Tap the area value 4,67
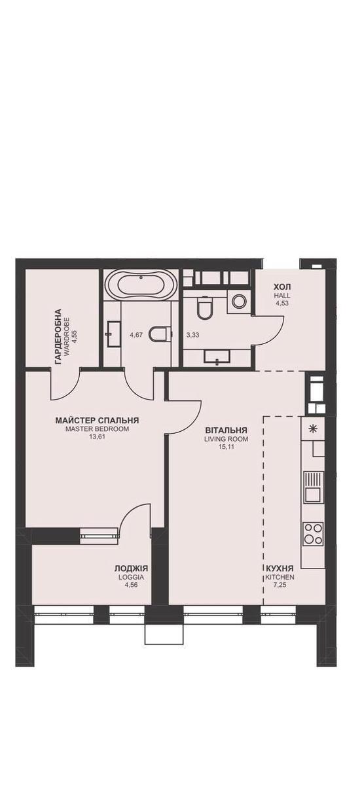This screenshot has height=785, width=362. [x=136, y=335]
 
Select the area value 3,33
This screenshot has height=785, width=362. [x=193, y=335]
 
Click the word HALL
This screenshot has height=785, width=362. [x=282, y=296]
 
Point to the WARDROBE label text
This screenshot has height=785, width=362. [x=67, y=336]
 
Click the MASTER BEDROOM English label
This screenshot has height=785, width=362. [x=97, y=429]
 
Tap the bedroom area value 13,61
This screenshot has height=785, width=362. [x=97, y=437]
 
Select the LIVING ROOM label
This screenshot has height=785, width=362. [x=226, y=439]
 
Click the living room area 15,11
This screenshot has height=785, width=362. [x=226, y=447]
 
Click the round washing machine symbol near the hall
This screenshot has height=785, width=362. [x=239, y=301]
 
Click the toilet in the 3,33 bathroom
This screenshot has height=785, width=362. [x=204, y=307]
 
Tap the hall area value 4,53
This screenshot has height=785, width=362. [x=282, y=303]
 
